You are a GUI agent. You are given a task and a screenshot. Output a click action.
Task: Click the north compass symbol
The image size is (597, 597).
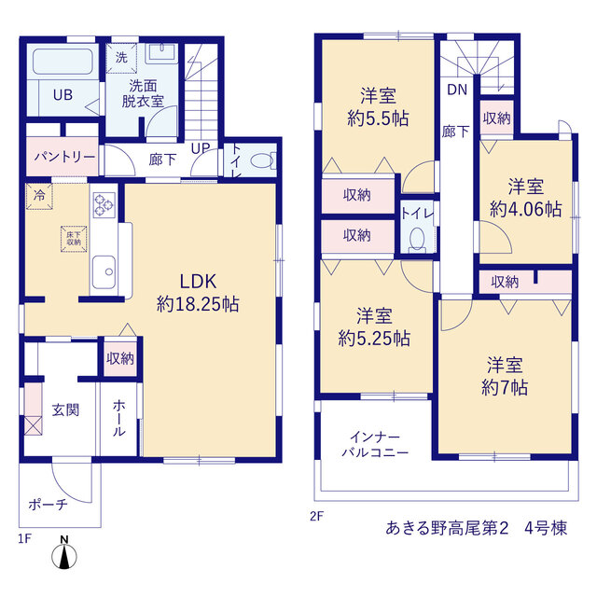pos(64,553)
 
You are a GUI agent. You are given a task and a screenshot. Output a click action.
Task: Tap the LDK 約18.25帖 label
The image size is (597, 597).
pos(198,293)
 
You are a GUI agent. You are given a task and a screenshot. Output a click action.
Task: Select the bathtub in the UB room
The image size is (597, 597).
pos(62,61)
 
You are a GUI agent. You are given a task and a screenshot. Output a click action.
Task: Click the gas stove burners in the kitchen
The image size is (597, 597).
pos(104,205)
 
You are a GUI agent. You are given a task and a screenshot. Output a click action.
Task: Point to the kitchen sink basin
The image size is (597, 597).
pos(104,271)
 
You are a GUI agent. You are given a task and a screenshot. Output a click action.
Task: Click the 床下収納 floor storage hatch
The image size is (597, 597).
pos(74,239)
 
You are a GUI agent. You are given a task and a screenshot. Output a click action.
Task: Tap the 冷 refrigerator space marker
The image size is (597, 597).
pos(39,196)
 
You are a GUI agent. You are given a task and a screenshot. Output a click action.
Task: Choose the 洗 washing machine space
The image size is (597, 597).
pos(121,58)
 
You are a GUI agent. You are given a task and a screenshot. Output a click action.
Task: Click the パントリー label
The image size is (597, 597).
pos(64,157)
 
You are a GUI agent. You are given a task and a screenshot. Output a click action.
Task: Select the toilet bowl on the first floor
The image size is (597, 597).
pos(262,160)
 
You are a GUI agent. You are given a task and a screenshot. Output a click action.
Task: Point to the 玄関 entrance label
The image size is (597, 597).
pos(65,410)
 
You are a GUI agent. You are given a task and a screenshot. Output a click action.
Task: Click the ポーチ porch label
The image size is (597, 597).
pos(49,505)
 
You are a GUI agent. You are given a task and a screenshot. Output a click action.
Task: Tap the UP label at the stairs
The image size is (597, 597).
pos(201,148)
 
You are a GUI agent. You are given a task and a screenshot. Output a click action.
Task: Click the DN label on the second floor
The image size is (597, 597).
pos(457,90)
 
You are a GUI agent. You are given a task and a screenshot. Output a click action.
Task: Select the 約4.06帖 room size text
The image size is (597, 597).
pos(525,209)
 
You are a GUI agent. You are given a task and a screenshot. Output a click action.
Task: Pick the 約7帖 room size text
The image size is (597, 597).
pos(505,388)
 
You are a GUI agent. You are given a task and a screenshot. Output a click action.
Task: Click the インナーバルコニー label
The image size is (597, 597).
pos(375,444)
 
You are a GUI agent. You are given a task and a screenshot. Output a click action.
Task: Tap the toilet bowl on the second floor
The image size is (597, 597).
pos(417,240)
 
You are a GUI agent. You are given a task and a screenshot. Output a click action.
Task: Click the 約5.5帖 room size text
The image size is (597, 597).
pos(378,118)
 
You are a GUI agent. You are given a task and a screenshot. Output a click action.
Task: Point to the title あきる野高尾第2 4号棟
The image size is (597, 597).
pos(477,528)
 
